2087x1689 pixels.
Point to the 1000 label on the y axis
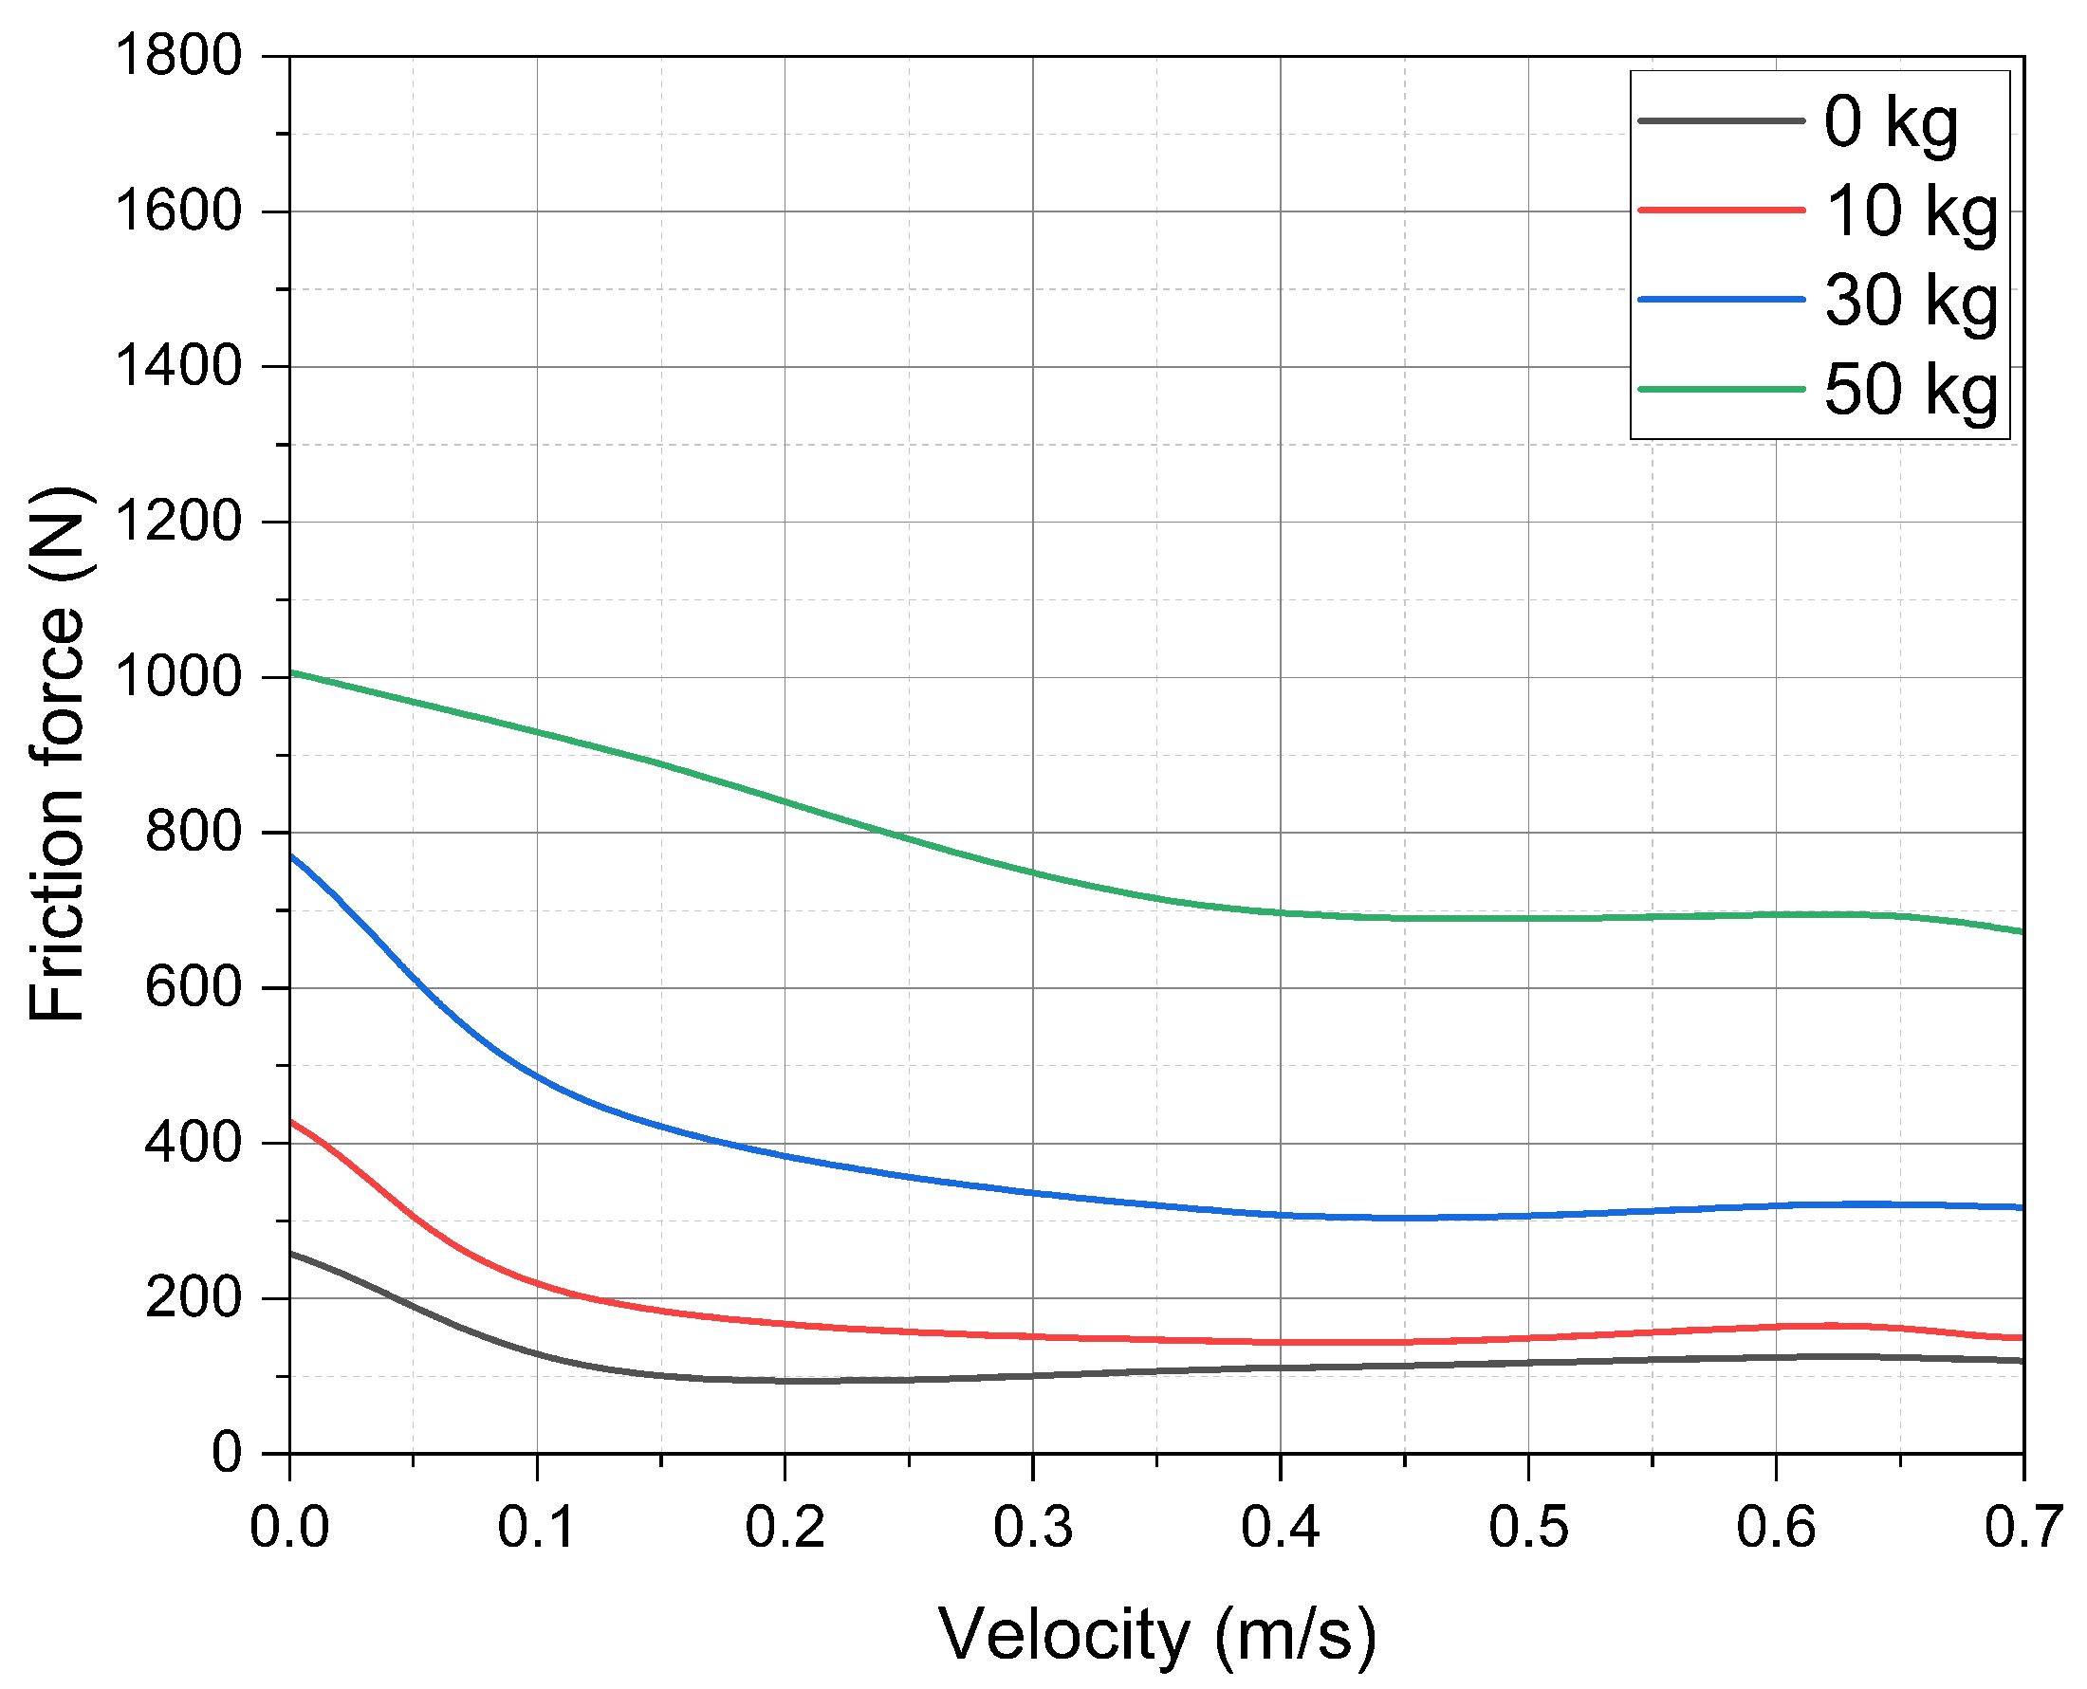coord(178,677)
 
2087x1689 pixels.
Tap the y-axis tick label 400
coord(193,1143)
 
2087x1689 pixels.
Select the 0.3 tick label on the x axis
coord(1032,1528)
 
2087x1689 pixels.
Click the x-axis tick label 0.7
coord(2022,1528)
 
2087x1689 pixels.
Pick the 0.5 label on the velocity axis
coord(1527,1528)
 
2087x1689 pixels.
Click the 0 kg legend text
coord(1891,122)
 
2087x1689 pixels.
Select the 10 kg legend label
coord(1910,211)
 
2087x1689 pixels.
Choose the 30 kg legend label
coord(1910,301)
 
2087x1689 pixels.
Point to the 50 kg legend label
coord(1910,390)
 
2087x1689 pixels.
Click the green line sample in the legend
coord(1721,389)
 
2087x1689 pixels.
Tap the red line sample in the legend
coord(1721,211)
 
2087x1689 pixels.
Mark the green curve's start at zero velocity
coord(291,672)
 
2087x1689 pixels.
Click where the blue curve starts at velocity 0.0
coord(291,856)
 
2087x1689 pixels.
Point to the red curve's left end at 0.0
coord(291,1121)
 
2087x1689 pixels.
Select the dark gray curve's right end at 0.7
coord(2022,1361)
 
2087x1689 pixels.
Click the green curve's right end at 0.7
coord(2022,932)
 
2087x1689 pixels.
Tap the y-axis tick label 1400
coord(178,367)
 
